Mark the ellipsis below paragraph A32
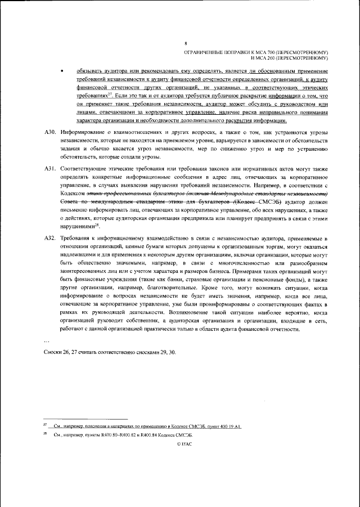pyautogui.click(x=47, y=339)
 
